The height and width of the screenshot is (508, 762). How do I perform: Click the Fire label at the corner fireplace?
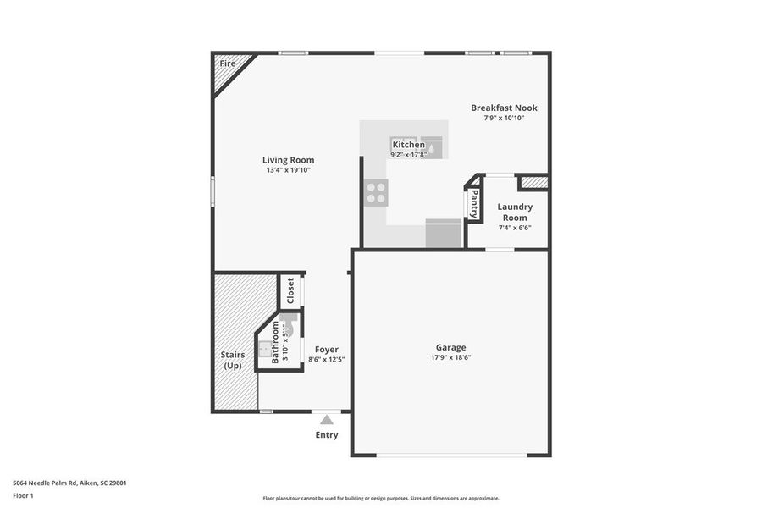[x=228, y=63]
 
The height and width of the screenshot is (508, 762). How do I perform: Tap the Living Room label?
[x=288, y=160]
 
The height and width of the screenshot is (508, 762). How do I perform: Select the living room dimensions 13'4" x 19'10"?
[x=288, y=171]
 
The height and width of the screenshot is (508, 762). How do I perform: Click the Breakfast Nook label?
[x=504, y=108]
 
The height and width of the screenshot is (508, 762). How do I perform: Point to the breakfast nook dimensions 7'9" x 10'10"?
[x=504, y=119]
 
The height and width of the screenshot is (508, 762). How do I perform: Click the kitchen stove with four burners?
[x=376, y=193]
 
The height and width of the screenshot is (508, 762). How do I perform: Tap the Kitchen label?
[x=408, y=145]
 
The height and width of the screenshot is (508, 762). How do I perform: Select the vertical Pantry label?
[x=474, y=203]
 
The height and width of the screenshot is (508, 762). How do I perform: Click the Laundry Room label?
[x=515, y=212]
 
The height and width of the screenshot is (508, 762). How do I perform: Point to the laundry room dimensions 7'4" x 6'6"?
[x=515, y=228]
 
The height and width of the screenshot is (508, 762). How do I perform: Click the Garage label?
[x=450, y=347]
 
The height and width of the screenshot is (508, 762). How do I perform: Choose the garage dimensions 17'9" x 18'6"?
[x=450, y=357]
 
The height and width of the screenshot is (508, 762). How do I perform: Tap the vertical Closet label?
[x=290, y=291]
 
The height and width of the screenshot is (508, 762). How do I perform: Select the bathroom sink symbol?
[x=266, y=347]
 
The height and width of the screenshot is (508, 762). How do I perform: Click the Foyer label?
[x=327, y=349]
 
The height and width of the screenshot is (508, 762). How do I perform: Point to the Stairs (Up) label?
[x=233, y=360]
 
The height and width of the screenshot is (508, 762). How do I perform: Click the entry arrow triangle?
[x=327, y=417]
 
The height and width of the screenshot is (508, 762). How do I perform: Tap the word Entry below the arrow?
[x=327, y=435]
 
